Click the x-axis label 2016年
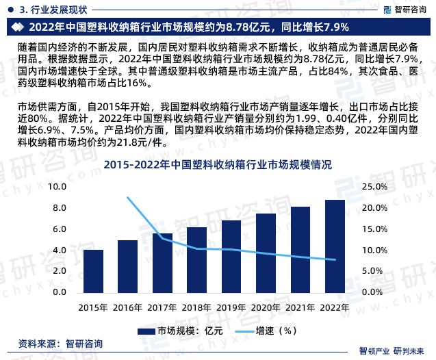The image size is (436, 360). click(x=127, y=307)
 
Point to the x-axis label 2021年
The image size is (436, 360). click(x=300, y=307)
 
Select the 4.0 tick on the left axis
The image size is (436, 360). click(x=60, y=250)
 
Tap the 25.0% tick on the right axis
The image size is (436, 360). click(x=376, y=187)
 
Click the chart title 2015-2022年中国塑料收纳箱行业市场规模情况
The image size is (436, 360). click(x=218, y=165)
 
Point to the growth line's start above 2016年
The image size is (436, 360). click(x=128, y=198)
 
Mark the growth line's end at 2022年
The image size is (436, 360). click(x=335, y=260)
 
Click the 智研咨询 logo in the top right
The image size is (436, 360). click(x=401, y=8)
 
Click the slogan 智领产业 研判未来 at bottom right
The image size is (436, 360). click(x=396, y=350)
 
